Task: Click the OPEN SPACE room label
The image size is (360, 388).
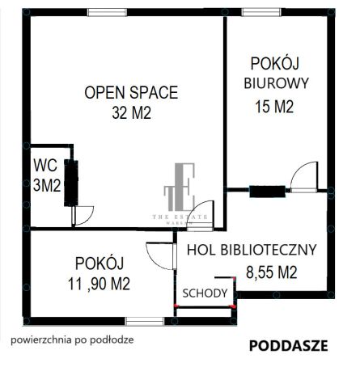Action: [131, 92]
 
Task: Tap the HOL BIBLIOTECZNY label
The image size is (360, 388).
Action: [251, 250]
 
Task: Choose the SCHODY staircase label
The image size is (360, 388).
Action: [204, 293]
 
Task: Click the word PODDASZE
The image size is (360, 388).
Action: [288, 345]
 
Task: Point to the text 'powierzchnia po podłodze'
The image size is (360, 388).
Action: [73, 339]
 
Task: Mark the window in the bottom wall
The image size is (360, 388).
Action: [144, 321]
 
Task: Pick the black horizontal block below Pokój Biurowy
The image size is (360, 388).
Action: [266, 192]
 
